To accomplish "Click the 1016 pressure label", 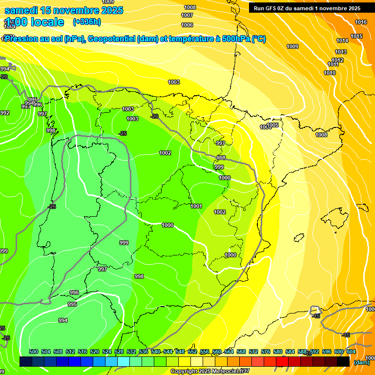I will point(361,22).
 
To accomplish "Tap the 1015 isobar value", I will point(356,36).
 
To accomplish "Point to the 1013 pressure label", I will point(341,52).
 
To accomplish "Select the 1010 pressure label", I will point(330,73).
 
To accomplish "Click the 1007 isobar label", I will point(187,15).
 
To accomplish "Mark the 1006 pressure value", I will point(187,25).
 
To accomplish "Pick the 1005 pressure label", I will point(272,125).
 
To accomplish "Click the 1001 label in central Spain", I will point(196,206).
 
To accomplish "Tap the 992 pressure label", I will point(5,113).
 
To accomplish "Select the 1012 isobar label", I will point(337,60).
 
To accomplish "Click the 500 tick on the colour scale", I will point(34,352).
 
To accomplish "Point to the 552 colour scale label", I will point(192,352).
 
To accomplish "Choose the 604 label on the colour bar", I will point(351,352).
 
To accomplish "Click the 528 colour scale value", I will point(119,352).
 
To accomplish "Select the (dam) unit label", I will point(362,362).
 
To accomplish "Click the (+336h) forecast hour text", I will point(87,22).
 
